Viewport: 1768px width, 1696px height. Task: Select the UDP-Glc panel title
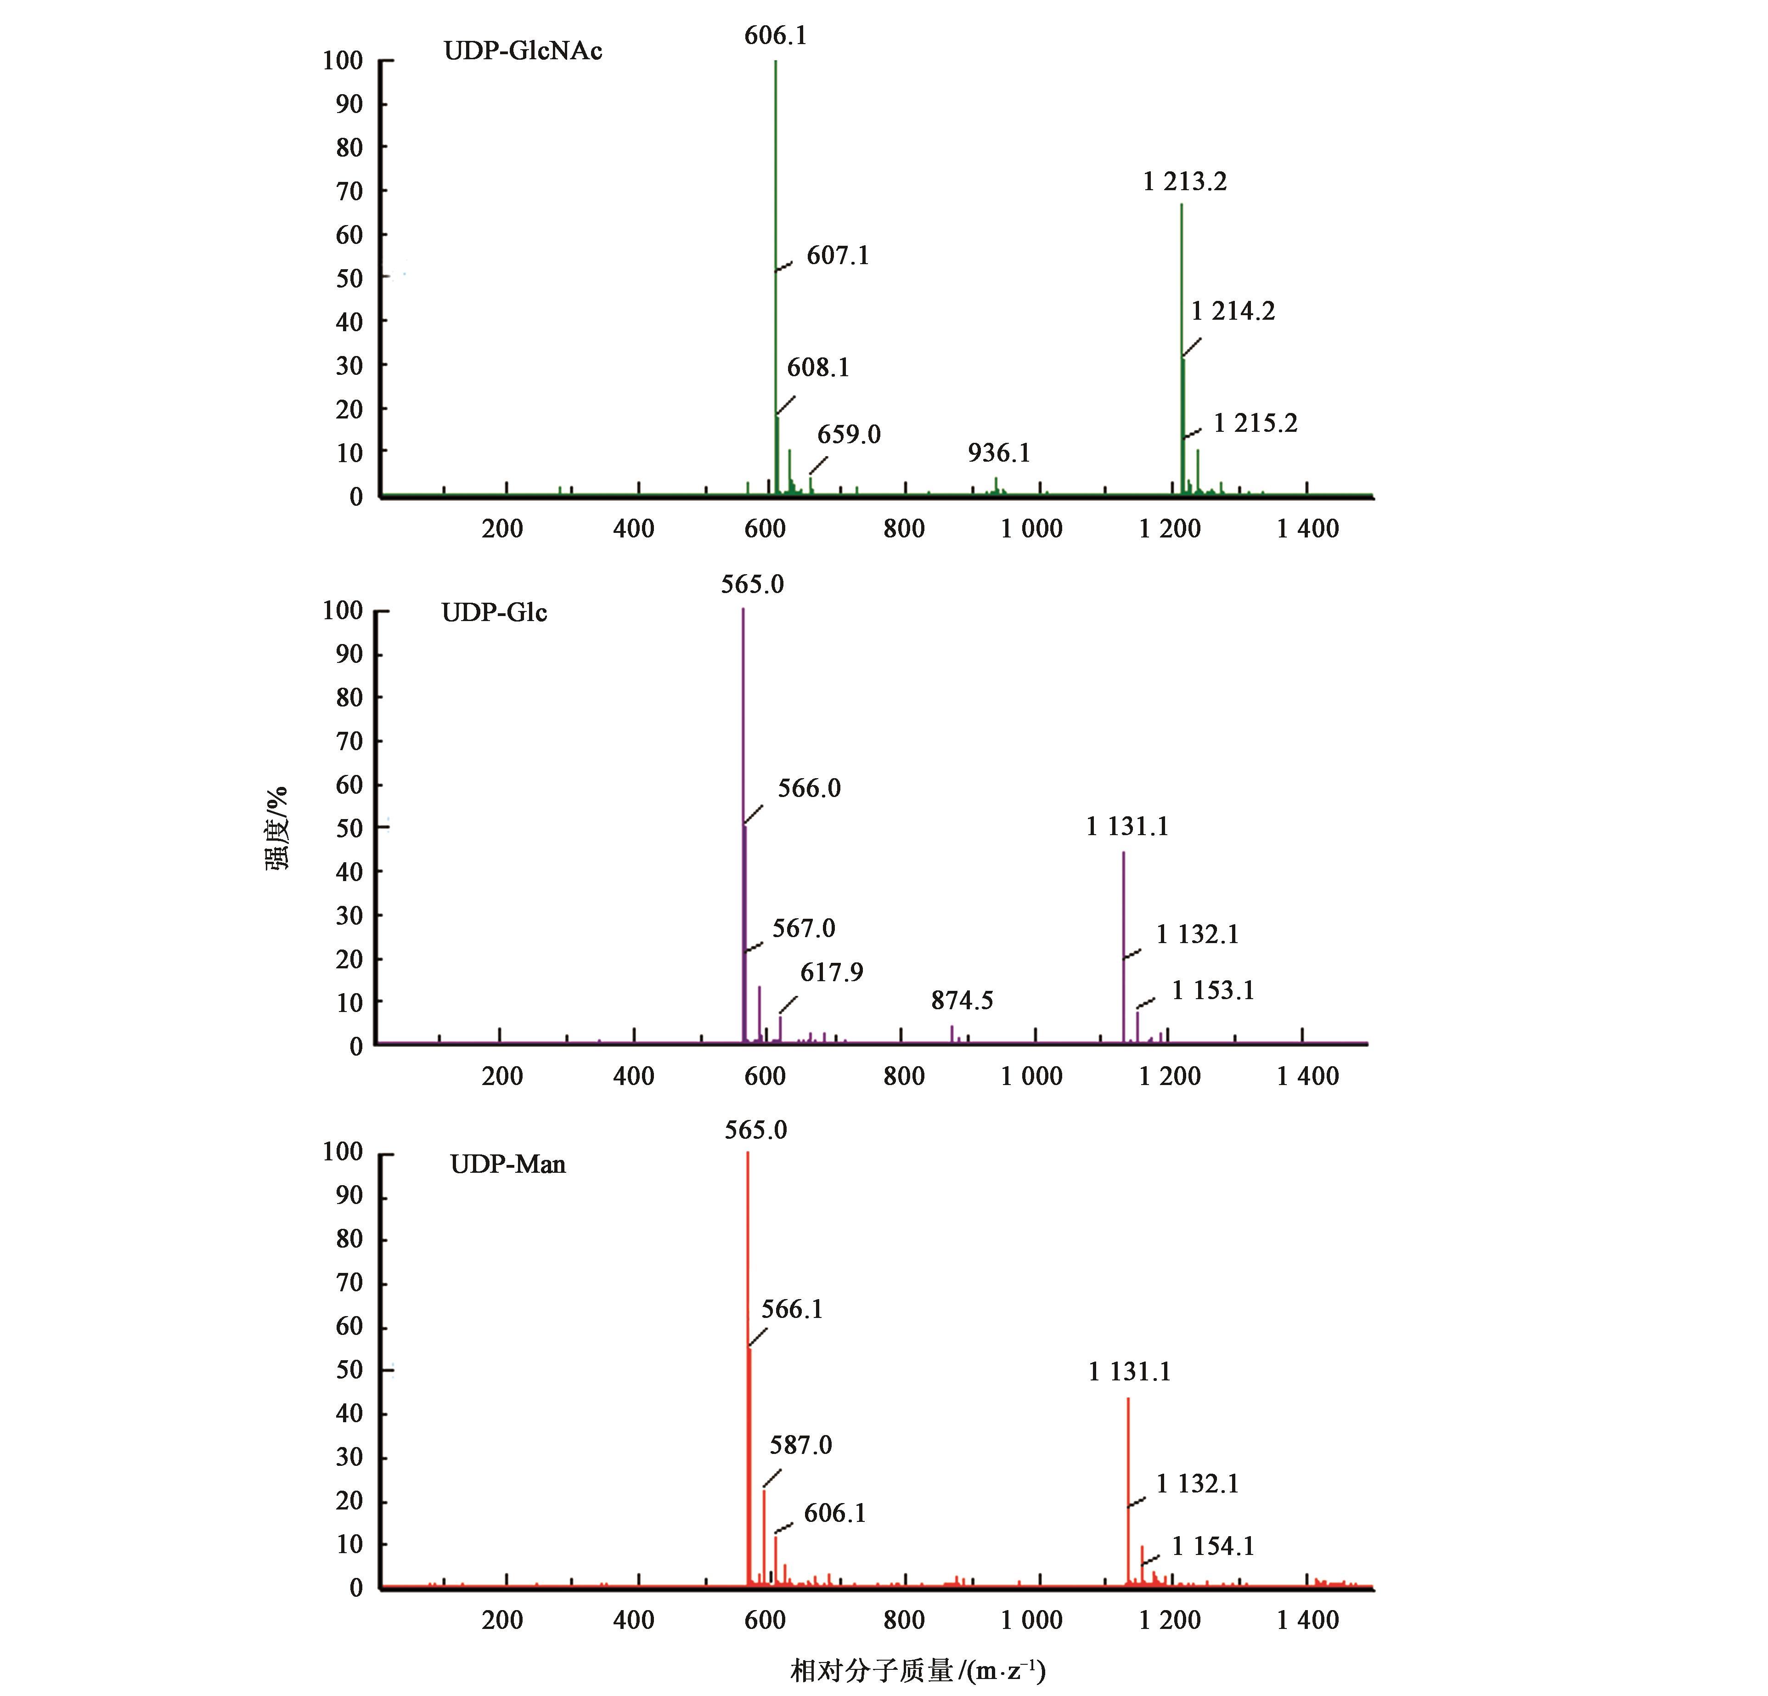pos(494,613)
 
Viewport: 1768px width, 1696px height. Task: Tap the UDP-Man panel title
pos(508,1165)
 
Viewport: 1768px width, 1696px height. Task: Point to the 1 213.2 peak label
pos(1184,182)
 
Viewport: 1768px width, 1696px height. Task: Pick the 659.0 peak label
pos(849,435)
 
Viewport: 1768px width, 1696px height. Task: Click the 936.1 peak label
pos(998,453)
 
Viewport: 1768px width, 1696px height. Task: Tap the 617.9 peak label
pos(832,972)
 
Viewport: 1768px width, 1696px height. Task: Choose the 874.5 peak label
pos(962,1001)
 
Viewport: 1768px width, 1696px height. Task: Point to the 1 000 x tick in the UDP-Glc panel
pos(1031,1076)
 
